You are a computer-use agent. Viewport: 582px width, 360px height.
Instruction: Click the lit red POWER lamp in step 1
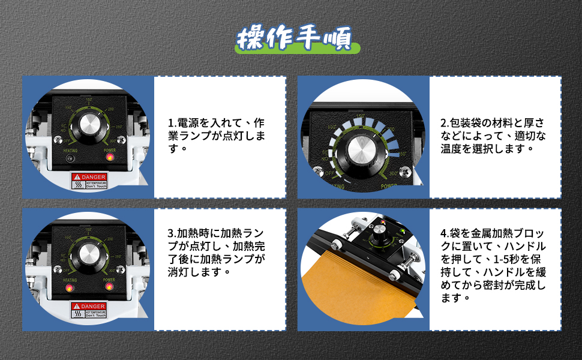(x=110, y=157)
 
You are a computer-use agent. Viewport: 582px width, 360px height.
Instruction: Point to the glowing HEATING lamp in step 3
(x=70, y=289)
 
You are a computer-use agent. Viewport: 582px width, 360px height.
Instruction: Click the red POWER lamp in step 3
(x=110, y=288)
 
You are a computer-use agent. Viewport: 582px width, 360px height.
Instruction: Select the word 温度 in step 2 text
(x=452, y=148)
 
